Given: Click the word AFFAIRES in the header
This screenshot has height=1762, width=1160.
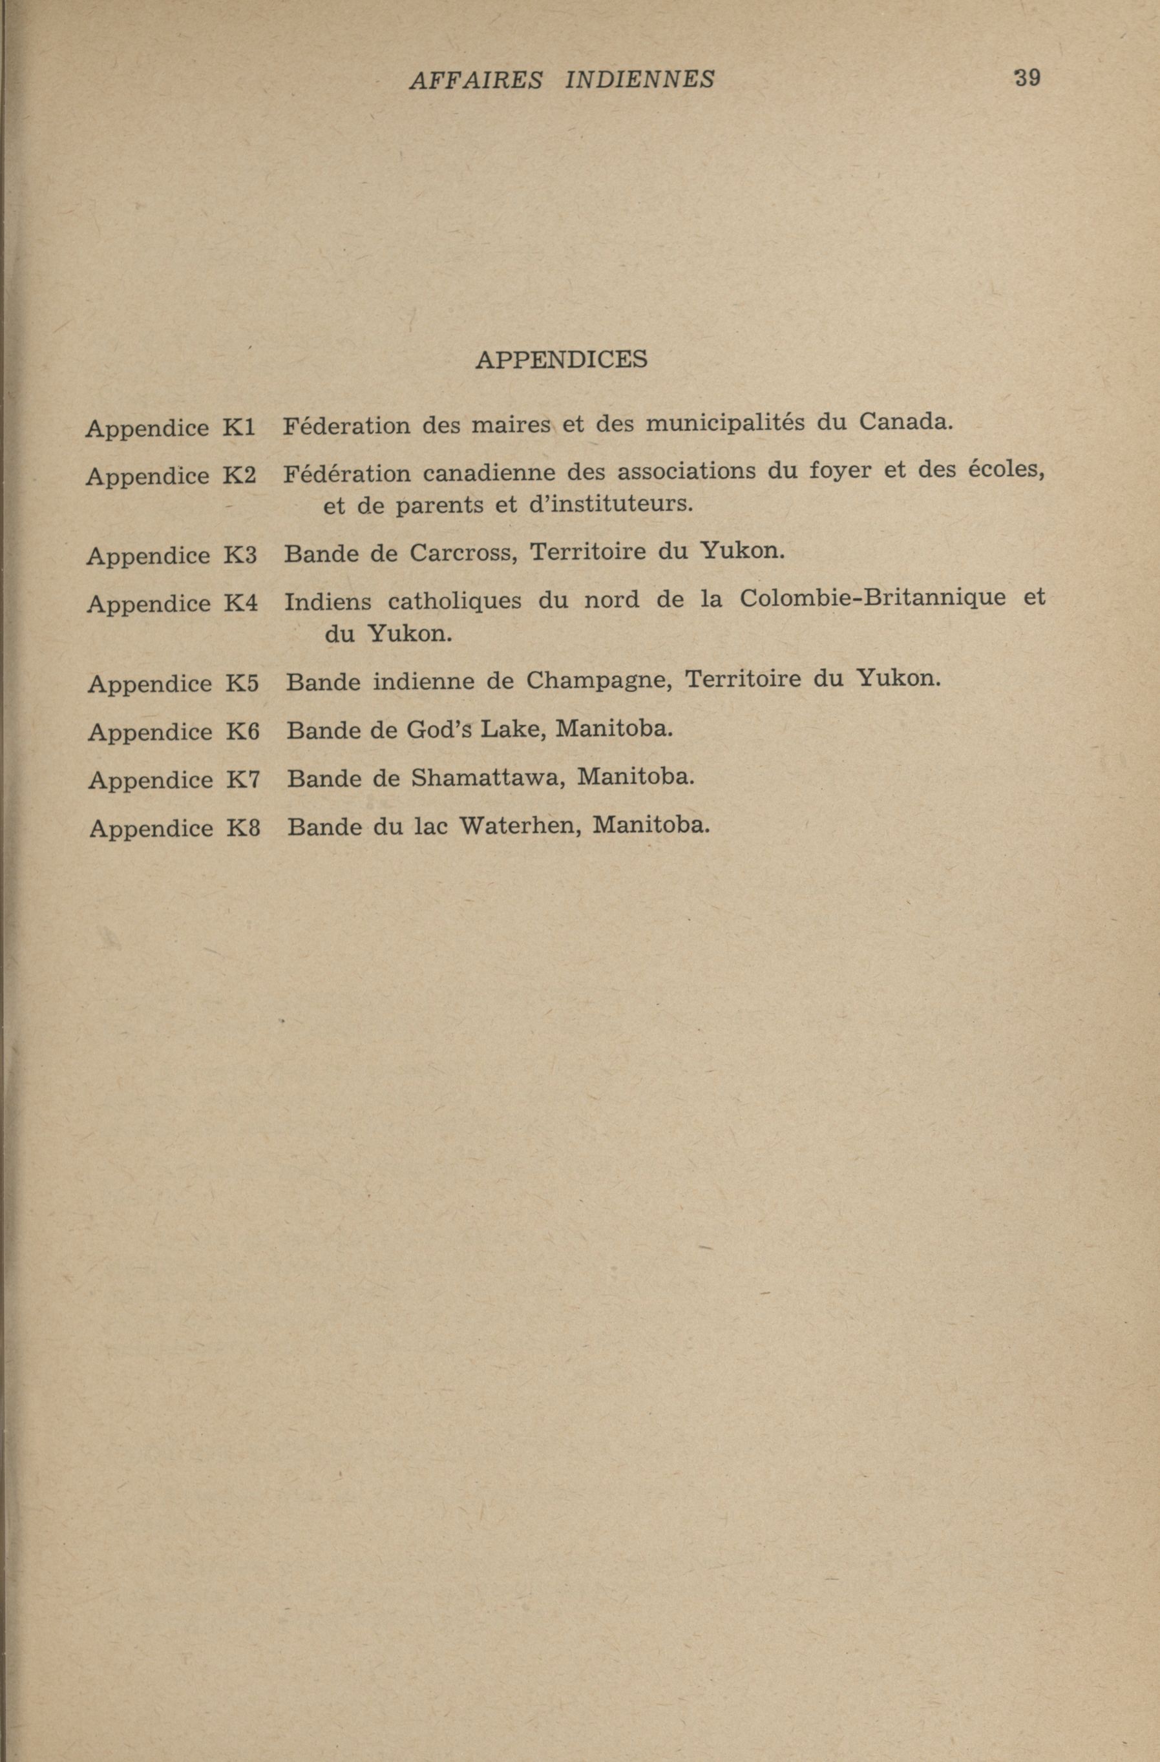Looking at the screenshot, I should click(475, 79).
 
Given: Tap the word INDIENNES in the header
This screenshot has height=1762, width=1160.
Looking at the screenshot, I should click(640, 79).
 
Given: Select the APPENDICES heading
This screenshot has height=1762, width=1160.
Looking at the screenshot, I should click(561, 359).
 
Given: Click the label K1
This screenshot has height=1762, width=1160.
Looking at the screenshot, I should click(239, 427).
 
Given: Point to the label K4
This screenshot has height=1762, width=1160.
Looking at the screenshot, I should click(241, 603).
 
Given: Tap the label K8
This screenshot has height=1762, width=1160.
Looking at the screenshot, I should click(244, 828).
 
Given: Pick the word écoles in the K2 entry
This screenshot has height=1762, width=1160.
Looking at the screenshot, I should click(1006, 471).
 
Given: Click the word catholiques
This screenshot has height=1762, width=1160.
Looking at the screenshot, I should click(454, 600).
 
